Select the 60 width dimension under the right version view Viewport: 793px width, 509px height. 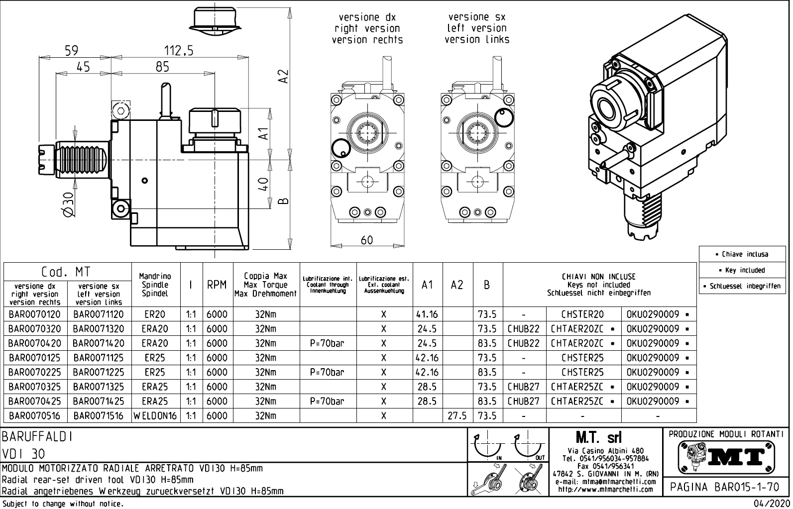(366, 240)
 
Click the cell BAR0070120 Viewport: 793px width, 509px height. (34, 314)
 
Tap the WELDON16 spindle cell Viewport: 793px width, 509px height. (155, 416)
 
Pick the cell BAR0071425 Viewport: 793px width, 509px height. (99, 402)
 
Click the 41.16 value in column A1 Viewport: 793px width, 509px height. (427, 314)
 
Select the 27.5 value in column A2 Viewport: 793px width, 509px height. (457, 416)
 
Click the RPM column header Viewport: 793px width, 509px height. (217, 285)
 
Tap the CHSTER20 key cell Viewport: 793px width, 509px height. (582, 314)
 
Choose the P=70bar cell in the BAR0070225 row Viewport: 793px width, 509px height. (327, 373)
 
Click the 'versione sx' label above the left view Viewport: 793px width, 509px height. (476, 17)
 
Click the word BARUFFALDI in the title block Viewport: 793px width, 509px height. (38, 437)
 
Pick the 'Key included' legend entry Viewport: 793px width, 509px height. (744, 270)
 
